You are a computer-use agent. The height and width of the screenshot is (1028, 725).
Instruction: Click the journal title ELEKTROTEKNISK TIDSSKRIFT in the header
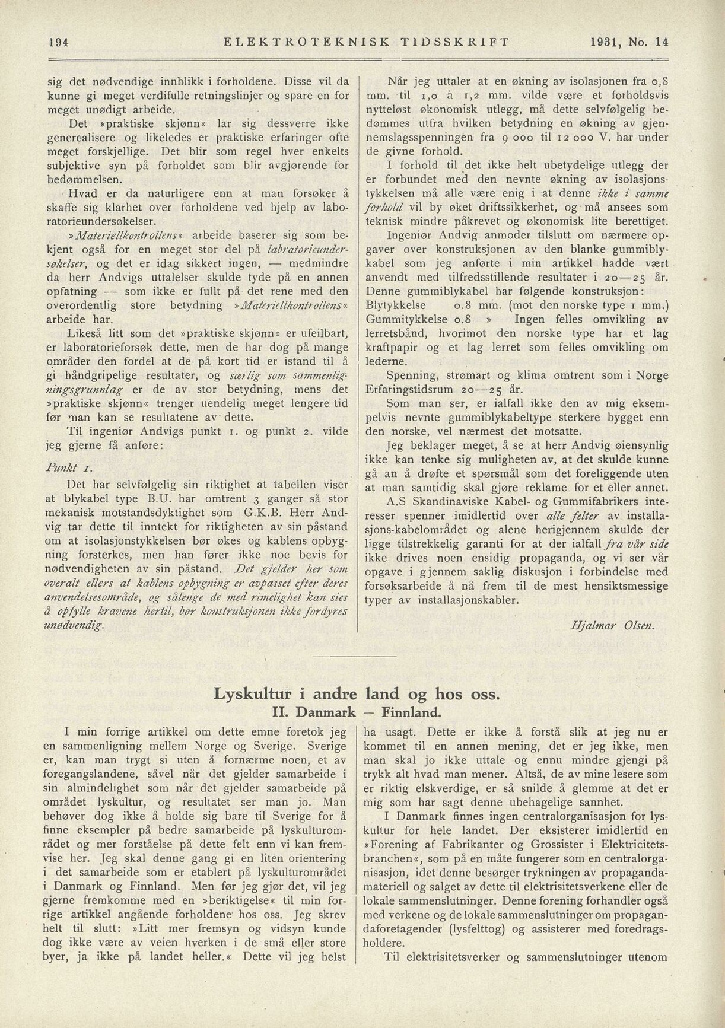click(x=365, y=42)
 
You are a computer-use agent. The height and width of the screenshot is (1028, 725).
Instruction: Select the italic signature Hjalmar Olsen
click(x=612, y=625)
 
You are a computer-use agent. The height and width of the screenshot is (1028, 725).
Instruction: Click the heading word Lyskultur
click(x=252, y=694)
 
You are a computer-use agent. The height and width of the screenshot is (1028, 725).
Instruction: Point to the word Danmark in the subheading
click(x=326, y=712)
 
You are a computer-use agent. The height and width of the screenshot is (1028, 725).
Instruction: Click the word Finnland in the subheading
click(x=412, y=712)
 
